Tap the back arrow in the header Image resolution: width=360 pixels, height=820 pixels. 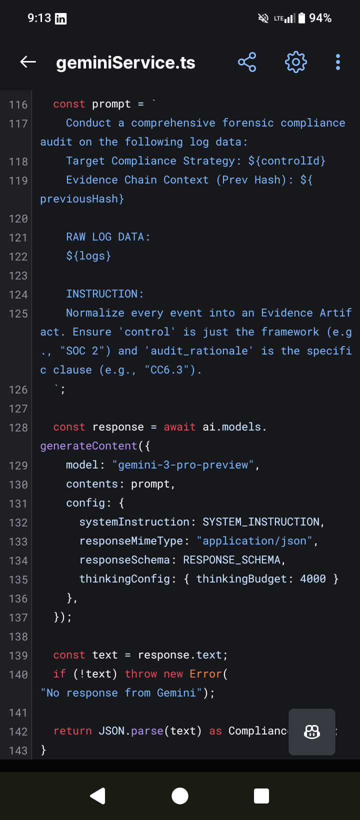[x=28, y=62]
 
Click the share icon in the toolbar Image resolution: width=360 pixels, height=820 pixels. [x=247, y=62]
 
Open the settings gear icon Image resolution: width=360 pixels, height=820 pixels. [x=295, y=62]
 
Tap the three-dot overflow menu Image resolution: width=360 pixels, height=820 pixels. [x=338, y=62]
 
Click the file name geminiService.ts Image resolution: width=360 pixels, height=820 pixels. [x=125, y=62]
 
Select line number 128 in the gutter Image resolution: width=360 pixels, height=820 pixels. [x=18, y=427]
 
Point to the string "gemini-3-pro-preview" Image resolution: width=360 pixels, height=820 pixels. [x=183, y=465]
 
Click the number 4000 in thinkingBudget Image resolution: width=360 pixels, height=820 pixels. [x=313, y=579]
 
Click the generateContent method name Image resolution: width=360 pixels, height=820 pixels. [x=88, y=446]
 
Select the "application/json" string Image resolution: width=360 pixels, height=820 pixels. [x=254, y=541]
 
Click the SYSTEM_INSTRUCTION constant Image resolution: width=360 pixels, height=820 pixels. [x=260, y=522]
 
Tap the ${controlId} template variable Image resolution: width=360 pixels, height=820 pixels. [x=287, y=161]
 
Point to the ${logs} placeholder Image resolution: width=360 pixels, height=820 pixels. [x=88, y=256]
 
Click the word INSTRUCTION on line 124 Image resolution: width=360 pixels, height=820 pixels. [x=102, y=294]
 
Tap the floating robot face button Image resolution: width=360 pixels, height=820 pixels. [x=312, y=732]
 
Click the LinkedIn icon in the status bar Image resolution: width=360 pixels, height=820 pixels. [x=61, y=19]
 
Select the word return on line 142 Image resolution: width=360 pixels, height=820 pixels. [x=72, y=731]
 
